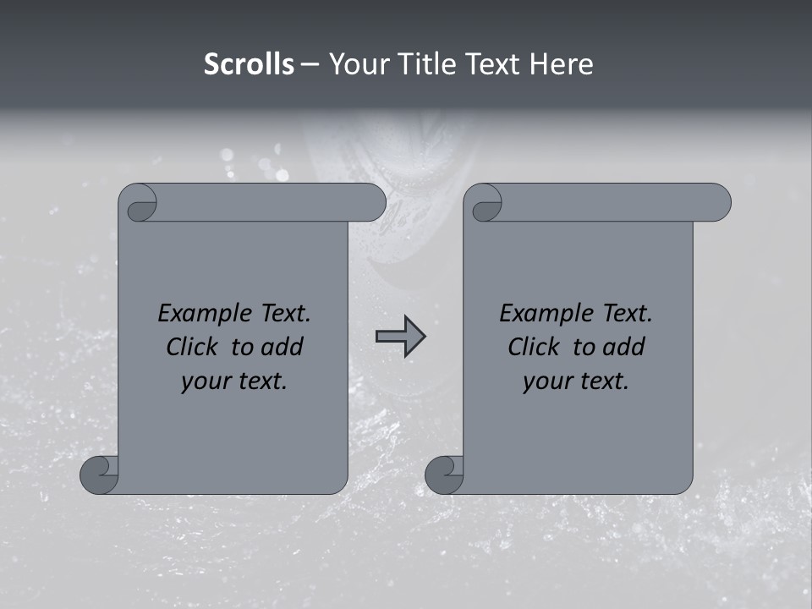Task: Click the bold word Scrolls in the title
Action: pos(249,64)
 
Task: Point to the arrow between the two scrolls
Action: pos(400,337)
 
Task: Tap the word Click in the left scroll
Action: pos(195,347)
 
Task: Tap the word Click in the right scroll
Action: pos(536,347)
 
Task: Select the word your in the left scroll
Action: pos(203,381)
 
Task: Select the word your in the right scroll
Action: pos(545,381)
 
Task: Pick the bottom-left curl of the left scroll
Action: pos(99,474)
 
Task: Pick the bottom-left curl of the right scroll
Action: pos(444,474)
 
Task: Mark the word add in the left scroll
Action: pos(283,347)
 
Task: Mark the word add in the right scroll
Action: pos(624,347)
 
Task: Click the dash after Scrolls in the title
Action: pos(310,65)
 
